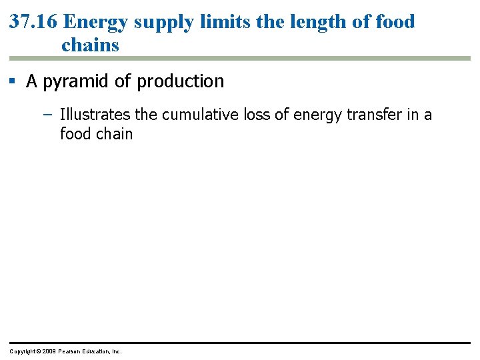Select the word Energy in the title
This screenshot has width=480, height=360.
pos(96,21)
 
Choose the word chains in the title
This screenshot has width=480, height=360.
pos(90,45)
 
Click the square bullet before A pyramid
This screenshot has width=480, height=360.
pos(13,82)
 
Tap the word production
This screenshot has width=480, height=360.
pos(180,81)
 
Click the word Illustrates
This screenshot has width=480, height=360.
pos(95,115)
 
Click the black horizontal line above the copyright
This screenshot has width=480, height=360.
pos(240,343)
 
